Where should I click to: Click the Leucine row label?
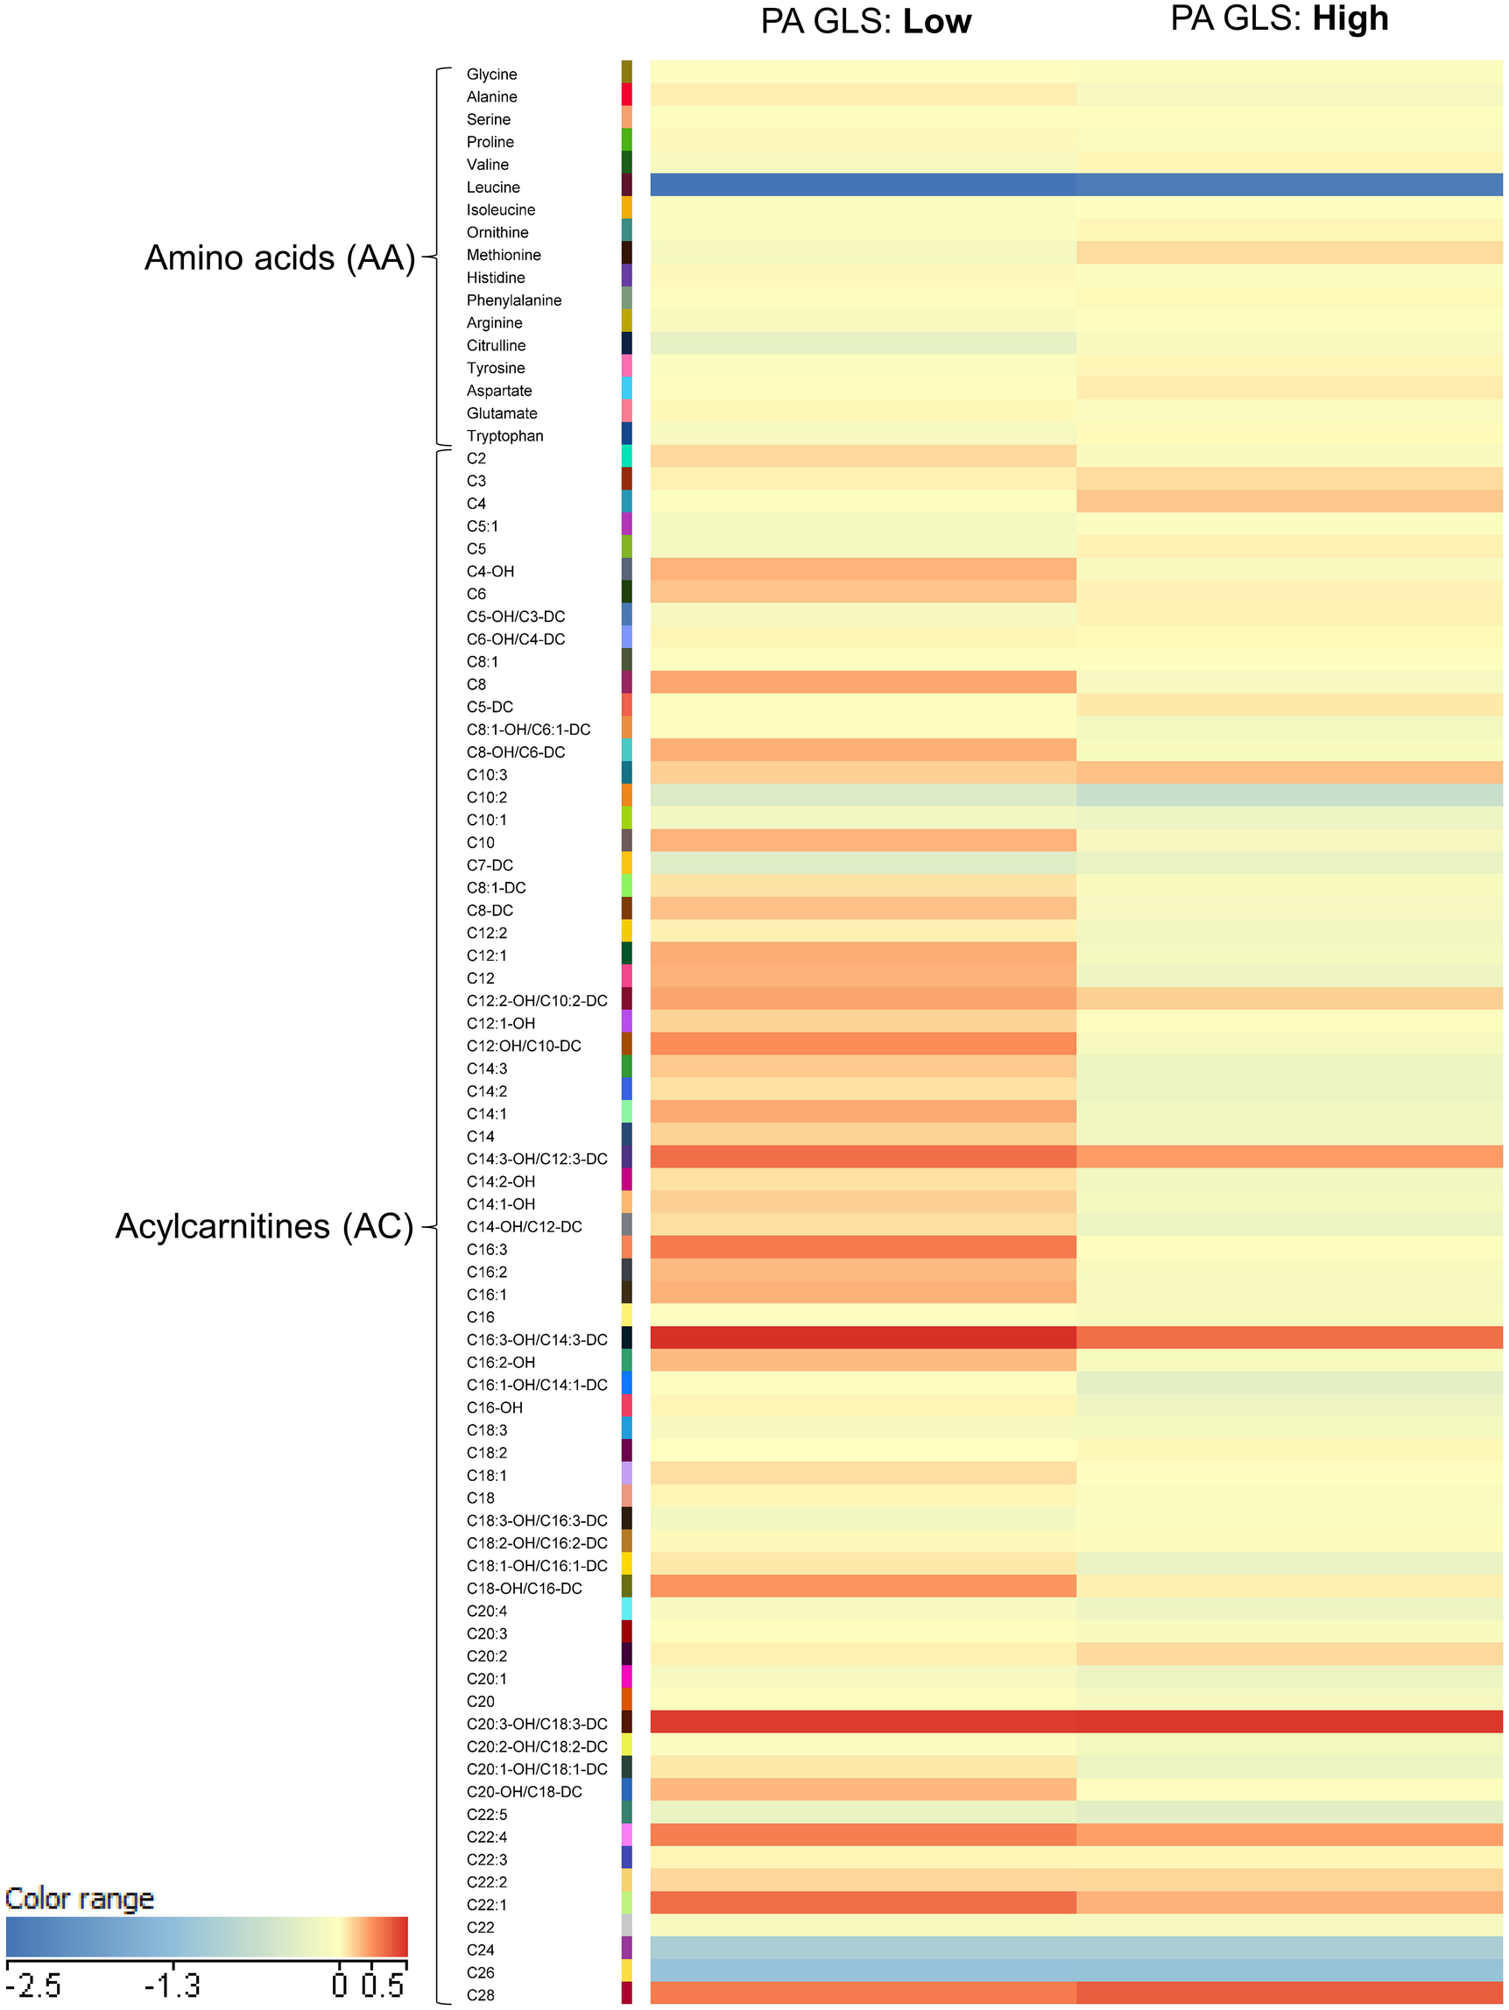coord(493,187)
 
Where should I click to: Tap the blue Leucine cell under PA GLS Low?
coord(863,185)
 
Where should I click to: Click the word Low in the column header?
coord(936,22)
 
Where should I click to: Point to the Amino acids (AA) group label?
coord(279,258)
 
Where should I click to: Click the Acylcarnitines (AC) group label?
coord(264,1227)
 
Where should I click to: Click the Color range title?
coord(79,1900)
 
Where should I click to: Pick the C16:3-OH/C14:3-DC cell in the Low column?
coord(863,1337)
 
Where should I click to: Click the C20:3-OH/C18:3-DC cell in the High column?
coord(1289,1722)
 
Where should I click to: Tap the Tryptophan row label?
coord(505,436)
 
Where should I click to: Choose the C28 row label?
coord(481,1995)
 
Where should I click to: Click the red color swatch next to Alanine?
coord(627,95)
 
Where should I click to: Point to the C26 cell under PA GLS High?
coord(1289,1970)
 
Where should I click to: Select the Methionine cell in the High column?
coord(1289,252)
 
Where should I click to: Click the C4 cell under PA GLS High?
coord(1289,502)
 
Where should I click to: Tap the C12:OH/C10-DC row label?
coord(525,1046)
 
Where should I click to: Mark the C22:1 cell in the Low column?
coord(863,1903)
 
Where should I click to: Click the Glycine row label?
coord(491,74)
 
